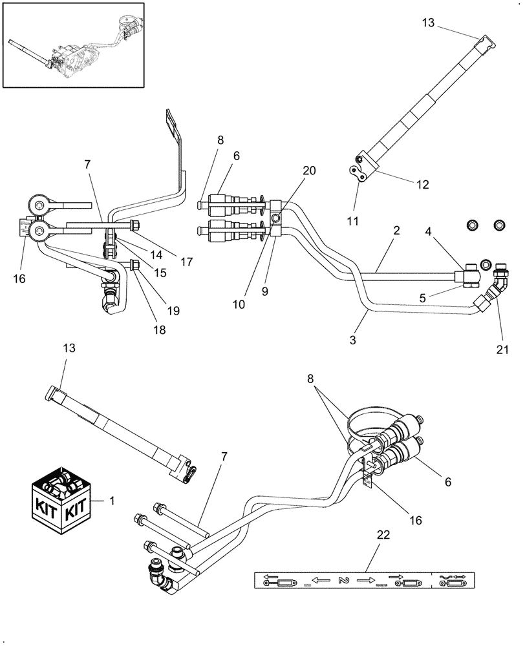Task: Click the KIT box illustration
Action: pos(59,501)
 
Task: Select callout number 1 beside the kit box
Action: pos(114,501)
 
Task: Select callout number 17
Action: pos(187,262)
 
